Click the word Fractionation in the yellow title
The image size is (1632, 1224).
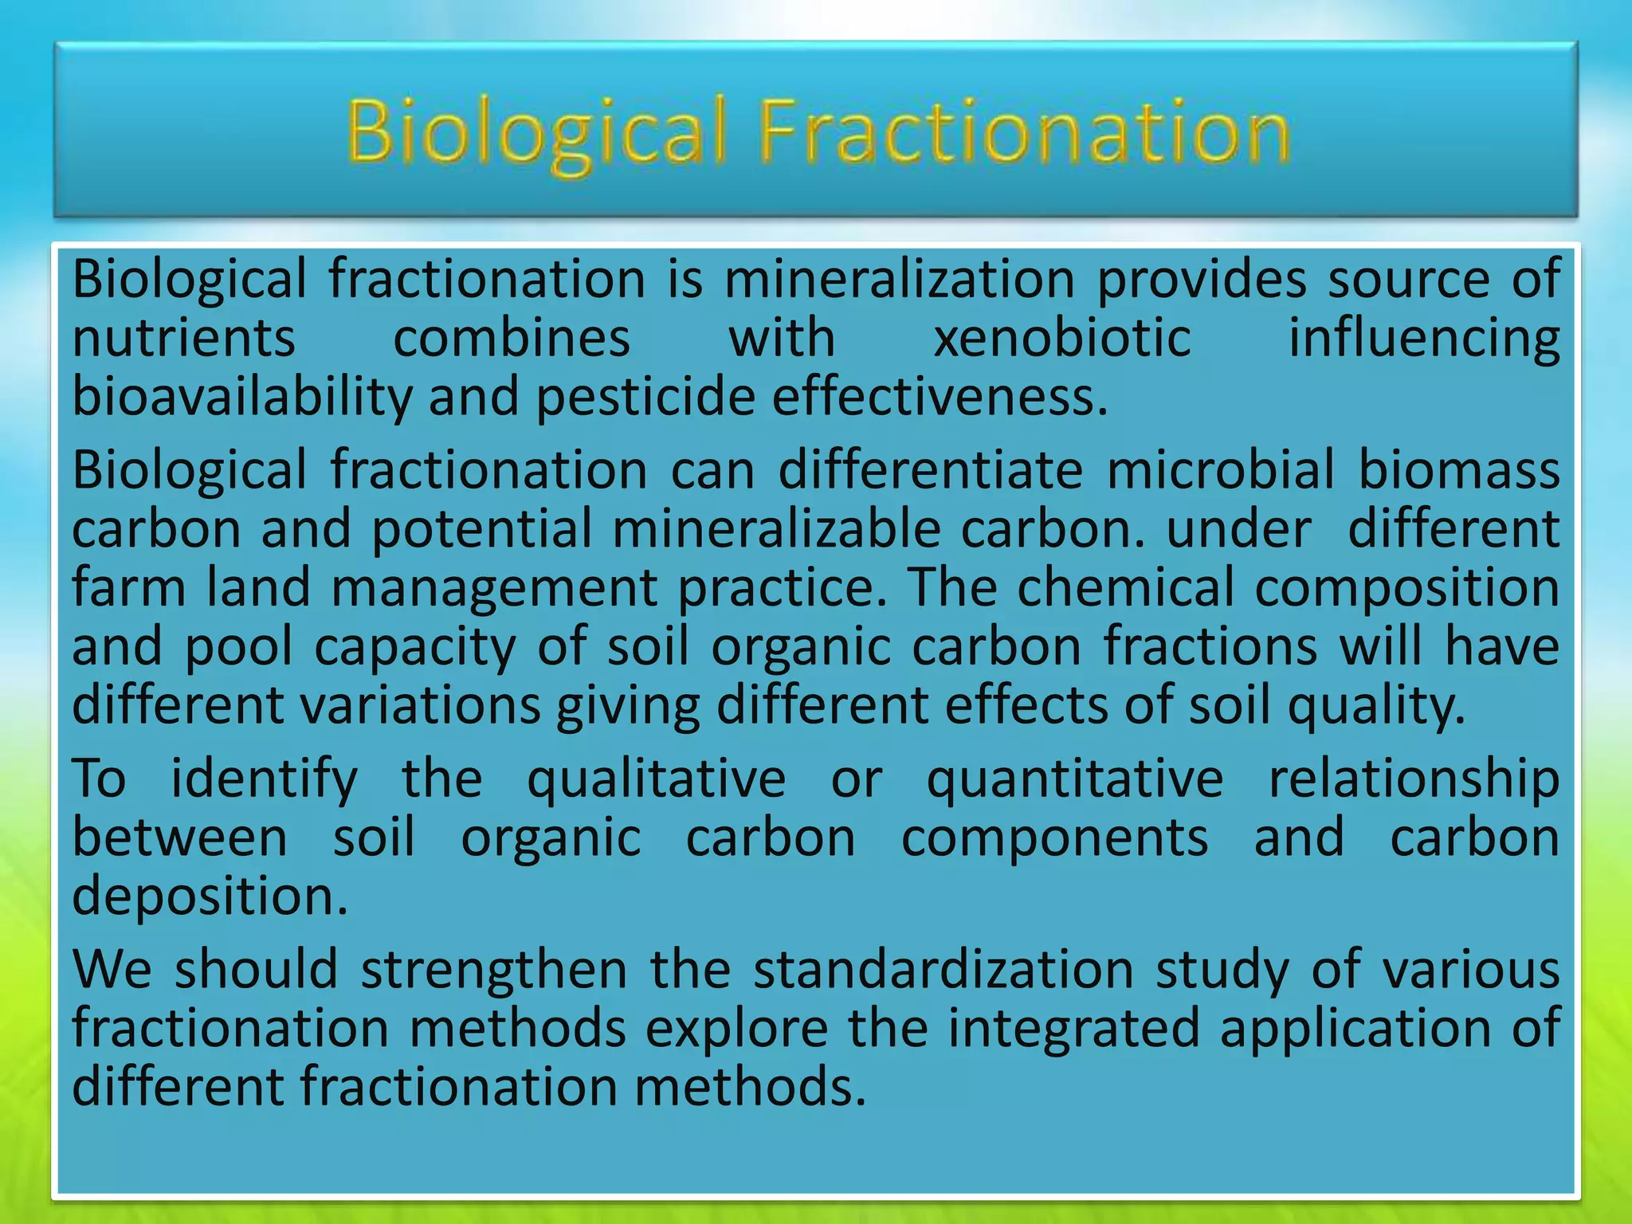pos(1024,131)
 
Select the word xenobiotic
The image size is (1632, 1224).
pos(1062,338)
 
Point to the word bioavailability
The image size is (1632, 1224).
pos(241,397)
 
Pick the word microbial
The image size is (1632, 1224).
pos(1220,469)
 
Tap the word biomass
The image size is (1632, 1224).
pos(1458,469)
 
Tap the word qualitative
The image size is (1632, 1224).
pos(656,779)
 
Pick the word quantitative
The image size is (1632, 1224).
pos(1075,779)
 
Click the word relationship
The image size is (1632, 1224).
pos(1414,779)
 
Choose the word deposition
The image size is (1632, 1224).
pos(210,896)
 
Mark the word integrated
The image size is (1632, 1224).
pos(1073,1028)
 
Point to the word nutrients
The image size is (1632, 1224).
pos(184,338)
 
